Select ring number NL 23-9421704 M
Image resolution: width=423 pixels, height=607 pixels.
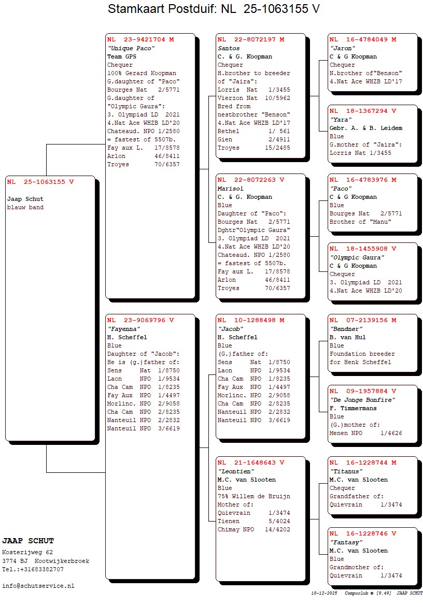pyautogui.click(x=140, y=39)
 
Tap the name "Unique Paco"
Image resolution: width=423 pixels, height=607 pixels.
pyautogui.click(x=131, y=48)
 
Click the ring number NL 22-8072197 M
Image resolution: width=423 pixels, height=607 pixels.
pyautogui.click(x=251, y=39)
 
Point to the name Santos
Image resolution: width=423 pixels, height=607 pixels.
pyautogui.click(x=229, y=48)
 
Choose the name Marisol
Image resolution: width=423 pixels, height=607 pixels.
pyautogui.click(x=231, y=189)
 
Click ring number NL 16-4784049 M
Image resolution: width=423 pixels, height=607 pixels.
pyautogui.click(x=363, y=39)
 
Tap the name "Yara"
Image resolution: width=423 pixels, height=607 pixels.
pyautogui.click(x=341, y=120)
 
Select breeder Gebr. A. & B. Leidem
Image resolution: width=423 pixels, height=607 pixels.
pyautogui.click(x=365, y=128)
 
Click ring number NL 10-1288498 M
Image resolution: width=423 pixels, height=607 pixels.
pyautogui.click(x=251, y=320)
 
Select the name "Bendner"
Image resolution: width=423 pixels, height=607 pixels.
pyautogui.click(x=346, y=329)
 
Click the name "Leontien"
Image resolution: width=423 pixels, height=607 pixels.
pyautogui.click(x=236, y=471)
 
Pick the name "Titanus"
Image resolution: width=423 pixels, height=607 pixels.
pyautogui.click(x=346, y=471)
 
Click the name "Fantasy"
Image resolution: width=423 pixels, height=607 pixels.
pyautogui.click(x=346, y=542)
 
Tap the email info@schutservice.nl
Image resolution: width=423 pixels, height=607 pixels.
pyautogui.click(x=38, y=586)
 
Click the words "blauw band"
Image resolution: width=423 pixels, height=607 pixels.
pyautogui.click(x=25, y=208)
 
